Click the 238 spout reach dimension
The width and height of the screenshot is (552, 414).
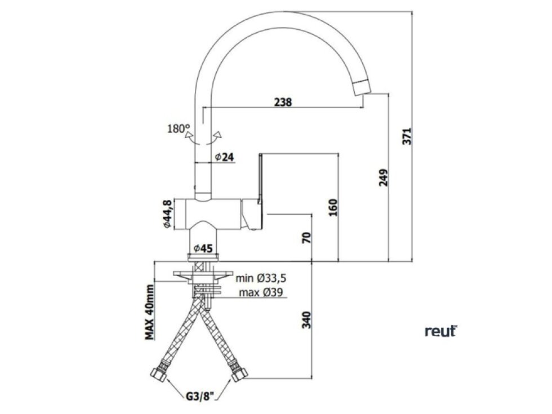tap(283, 102)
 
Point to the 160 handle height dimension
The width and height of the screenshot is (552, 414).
tap(333, 208)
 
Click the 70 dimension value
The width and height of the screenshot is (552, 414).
tap(306, 237)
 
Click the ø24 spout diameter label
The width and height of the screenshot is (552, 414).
tap(224, 157)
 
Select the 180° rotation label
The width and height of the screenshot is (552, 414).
tap(179, 128)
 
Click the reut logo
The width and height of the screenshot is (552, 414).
tap(440, 331)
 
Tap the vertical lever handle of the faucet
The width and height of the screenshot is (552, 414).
tap(261, 177)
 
